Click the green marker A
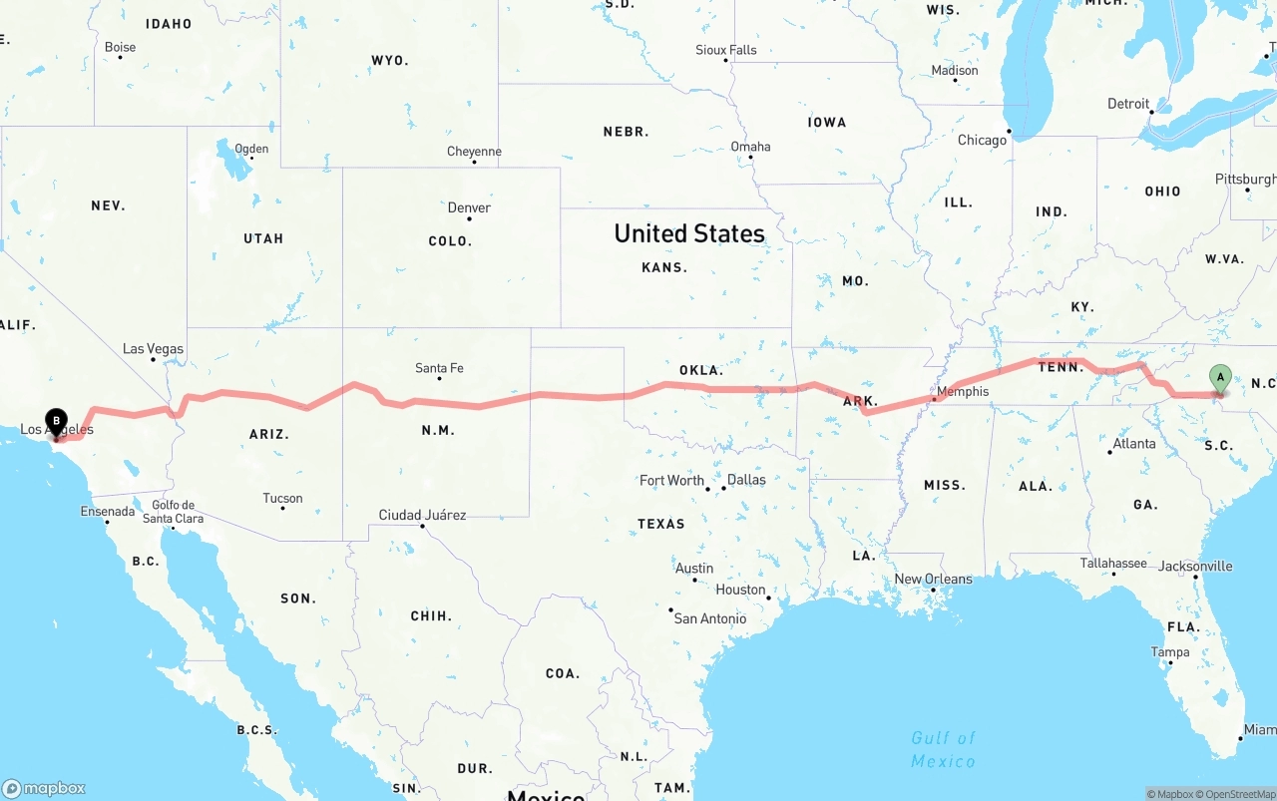[1219, 378]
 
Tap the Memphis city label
[963, 391]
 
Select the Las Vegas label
[153, 349]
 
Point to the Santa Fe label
[439, 368]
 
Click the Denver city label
[469, 207]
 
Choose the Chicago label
[982, 140]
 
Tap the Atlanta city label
[1134, 443]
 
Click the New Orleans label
[933, 579]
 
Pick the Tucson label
[282, 498]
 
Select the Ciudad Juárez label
[422, 515]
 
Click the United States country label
[689, 233]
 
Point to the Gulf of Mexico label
[943, 749]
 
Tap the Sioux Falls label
[725, 50]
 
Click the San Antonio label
[709, 618]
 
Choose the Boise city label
[120, 47]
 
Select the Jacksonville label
[1195, 566]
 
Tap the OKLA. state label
[700, 370]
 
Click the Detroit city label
[1128, 104]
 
